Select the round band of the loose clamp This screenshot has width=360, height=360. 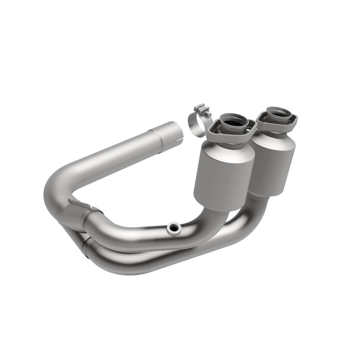tap(194, 127)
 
